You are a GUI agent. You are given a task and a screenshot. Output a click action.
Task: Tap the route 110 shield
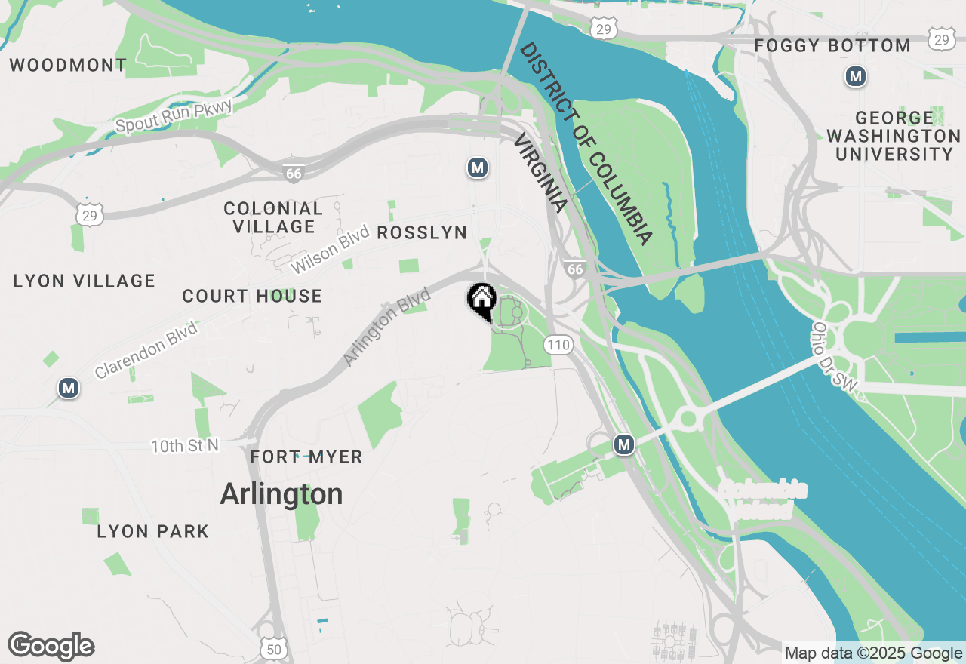click(558, 345)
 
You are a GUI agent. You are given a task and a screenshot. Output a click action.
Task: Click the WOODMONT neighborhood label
click(68, 65)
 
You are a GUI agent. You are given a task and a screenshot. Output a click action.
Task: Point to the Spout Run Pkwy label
click(174, 117)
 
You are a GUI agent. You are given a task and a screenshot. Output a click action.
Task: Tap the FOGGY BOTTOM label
click(832, 46)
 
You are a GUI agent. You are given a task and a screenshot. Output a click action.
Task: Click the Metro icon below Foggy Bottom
click(855, 76)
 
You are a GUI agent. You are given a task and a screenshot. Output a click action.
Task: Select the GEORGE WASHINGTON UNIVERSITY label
click(894, 137)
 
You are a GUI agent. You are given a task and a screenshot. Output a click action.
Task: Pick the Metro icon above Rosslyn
click(476, 168)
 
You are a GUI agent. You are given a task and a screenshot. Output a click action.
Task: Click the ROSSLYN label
click(422, 232)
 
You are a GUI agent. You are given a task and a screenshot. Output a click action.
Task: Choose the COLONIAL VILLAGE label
click(273, 217)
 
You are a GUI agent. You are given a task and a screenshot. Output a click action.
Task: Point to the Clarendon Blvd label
click(146, 350)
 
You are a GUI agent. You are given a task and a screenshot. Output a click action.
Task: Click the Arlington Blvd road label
click(386, 327)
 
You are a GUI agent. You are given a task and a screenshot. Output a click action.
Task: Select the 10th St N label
click(184, 446)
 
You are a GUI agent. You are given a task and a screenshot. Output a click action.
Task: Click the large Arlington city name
click(281, 494)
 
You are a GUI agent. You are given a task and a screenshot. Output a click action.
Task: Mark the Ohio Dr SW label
click(835, 356)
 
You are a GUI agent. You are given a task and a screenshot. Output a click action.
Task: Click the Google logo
click(51, 646)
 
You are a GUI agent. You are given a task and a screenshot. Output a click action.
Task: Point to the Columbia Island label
click(763, 500)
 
